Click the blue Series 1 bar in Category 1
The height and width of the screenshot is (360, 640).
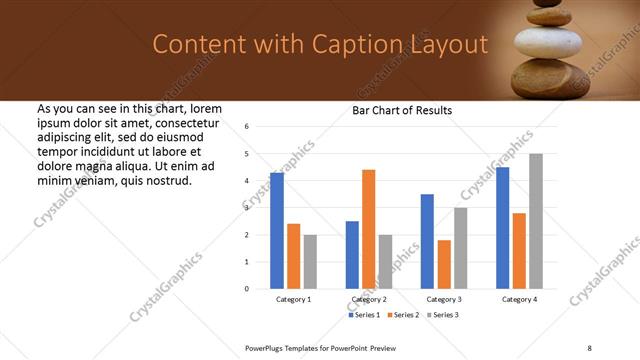tap(277, 231)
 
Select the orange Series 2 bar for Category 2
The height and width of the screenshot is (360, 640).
tap(368, 229)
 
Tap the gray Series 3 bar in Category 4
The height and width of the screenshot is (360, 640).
tap(536, 221)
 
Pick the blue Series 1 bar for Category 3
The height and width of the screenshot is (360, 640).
tap(427, 241)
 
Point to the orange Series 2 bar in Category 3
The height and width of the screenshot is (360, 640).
tap(444, 264)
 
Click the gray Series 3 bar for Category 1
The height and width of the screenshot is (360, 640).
tap(310, 262)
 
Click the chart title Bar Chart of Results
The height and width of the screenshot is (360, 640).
tap(402, 110)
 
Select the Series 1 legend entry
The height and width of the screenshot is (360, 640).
tap(365, 315)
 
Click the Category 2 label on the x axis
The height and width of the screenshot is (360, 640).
tap(368, 299)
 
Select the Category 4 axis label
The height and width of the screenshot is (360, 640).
tap(519, 299)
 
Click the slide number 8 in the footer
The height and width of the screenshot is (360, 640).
tap(589, 347)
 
